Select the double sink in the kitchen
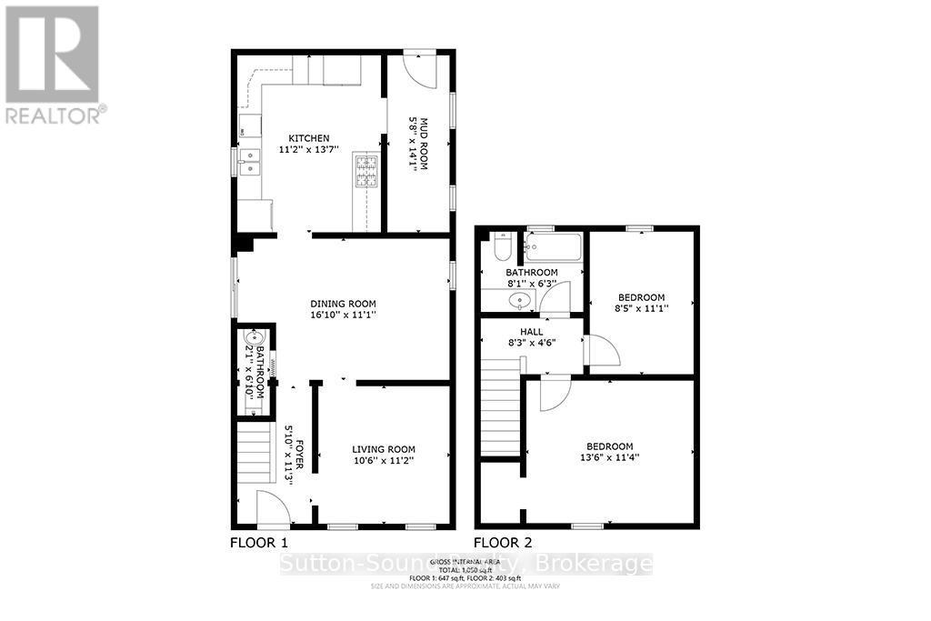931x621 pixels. (x=248, y=161)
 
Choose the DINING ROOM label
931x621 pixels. (x=343, y=304)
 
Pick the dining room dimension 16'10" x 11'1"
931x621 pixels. (x=343, y=316)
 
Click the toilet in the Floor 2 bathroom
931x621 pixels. (x=502, y=248)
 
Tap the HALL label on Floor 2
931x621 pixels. (x=532, y=332)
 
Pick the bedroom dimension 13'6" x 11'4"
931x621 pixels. (x=609, y=457)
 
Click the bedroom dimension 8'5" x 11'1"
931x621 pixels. (x=642, y=308)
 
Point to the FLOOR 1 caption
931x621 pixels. (x=258, y=542)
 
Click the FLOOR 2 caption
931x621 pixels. (x=503, y=542)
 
